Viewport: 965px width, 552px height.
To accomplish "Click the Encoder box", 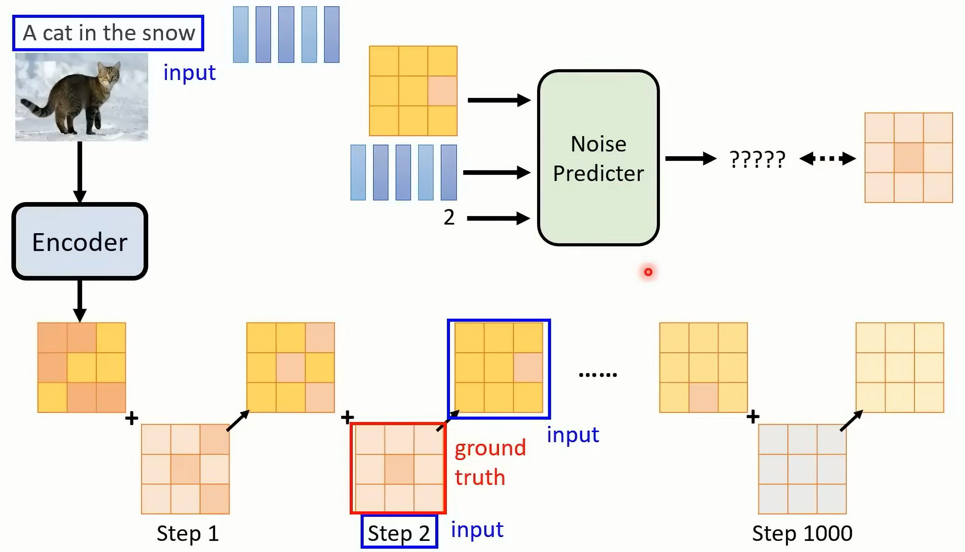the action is (79, 241).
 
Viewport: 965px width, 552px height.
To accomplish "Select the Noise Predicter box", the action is (598, 158).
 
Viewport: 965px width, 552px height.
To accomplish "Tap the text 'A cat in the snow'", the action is (109, 33).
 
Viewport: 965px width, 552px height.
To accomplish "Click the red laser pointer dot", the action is (648, 272).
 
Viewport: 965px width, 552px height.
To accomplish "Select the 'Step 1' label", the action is (188, 533).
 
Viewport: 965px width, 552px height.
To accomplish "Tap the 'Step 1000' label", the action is (802, 533).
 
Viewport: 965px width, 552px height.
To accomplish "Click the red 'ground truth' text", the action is (490, 463).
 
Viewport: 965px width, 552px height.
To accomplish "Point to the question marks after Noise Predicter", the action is (758, 159).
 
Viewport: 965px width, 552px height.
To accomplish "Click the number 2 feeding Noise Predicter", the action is (449, 218).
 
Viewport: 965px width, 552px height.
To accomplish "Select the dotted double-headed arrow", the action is (828, 159).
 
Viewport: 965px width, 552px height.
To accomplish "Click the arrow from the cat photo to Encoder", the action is (79, 172).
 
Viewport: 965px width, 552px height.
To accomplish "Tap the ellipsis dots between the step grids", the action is (598, 375).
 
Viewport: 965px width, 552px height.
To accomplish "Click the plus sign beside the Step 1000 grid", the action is (753, 417).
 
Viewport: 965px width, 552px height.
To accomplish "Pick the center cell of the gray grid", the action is (802, 469).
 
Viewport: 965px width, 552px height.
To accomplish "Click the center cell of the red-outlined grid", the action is (399, 469).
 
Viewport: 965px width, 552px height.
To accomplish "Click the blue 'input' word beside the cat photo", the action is (190, 73).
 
